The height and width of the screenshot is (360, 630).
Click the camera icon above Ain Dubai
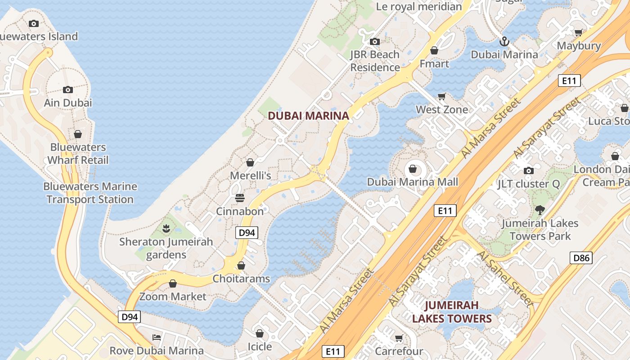[x=68, y=90]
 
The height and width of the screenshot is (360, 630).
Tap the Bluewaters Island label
[x=39, y=36]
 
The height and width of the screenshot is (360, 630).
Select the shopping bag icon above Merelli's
[x=250, y=162]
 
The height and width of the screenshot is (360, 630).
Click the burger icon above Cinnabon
[x=239, y=198]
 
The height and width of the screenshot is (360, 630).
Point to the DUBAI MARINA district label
[x=308, y=116]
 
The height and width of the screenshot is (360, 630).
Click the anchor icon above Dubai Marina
[x=504, y=42]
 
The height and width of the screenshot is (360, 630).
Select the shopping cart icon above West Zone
[x=442, y=96]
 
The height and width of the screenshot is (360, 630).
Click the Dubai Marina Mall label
[x=412, y=182]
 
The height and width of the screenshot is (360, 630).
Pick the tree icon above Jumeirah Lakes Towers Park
[x=540, y=210]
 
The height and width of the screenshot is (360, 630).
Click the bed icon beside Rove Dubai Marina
[x=156, y=337]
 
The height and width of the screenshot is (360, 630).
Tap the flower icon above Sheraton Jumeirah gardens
[x=166, y=229]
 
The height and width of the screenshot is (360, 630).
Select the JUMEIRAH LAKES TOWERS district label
[x=452, y=312]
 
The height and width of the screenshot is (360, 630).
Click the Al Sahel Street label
[x=505, y=279]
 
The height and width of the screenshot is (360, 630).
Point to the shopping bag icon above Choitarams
[x=241, y=265]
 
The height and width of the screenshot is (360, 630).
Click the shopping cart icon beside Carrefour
[x=399, y=338]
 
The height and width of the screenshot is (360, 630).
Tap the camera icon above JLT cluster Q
[x=529, y=171]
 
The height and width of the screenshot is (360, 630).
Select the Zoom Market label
[x=172, y=297]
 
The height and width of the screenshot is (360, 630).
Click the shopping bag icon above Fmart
[x=434, y=50]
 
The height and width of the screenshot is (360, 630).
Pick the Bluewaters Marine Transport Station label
[x=90, y=193]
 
